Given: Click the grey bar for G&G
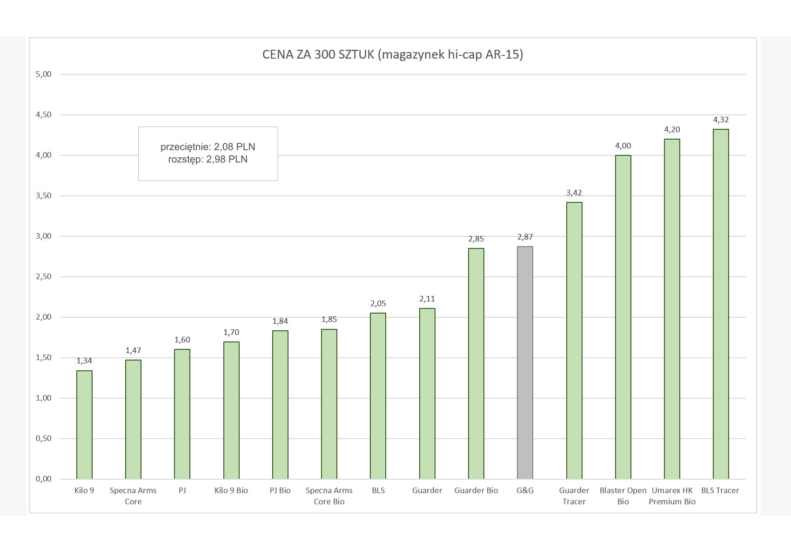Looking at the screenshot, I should point(525,363).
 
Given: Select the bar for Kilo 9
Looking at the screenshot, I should point(84,425).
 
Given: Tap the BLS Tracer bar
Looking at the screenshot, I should point(721,304).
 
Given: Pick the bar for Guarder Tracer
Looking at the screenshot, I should point(574,341).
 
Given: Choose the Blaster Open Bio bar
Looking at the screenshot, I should point(623,317).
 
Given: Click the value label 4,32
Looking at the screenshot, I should point(721,120).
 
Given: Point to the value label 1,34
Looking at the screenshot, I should point(84,361).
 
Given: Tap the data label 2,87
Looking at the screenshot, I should point(525,237).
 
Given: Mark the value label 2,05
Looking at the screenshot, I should point(378,304).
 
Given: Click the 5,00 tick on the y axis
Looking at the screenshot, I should point(43,74).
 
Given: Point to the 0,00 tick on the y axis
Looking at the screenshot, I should point(43,479).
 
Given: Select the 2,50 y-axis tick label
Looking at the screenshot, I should point(43,277).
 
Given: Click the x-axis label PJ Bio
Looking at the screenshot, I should point(280,490).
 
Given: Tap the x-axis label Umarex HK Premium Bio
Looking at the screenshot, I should point(672,496).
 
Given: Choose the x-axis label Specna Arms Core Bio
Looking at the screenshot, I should point(329,496).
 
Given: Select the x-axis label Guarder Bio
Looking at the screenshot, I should point(476,490).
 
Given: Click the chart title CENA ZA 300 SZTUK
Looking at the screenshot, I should point(393,54).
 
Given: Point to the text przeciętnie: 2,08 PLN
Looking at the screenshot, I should point(208,147).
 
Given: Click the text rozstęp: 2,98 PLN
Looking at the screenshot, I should point(208,160).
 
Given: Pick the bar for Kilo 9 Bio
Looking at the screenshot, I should point(231,410).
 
